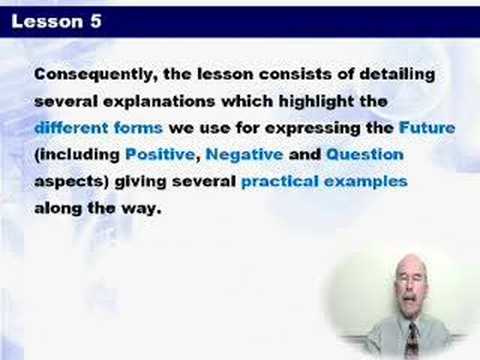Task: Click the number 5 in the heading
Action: [x=95, y=21]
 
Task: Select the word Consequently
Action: [x=93, y=75]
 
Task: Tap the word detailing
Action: [x=397, y=75]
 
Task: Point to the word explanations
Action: [x=159, y=101]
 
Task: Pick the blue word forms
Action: [x=138, y=128]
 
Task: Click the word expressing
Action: [x=313, y=129]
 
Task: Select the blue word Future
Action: [x=427, y=128]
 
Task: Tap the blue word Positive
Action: [x=160, y=154]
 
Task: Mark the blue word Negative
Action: [x=244, y=155]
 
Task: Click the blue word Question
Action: [x=365, y=155]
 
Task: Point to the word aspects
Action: [x=70, y=182]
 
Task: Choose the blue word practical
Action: [x=280, y=182]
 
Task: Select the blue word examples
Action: [x=366, y=182]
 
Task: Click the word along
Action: [x=58, y=209]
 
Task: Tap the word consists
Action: [x=295, y=74]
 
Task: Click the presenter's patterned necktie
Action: [x=413, y=340]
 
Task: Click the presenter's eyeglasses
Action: [x=410, y=279]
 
